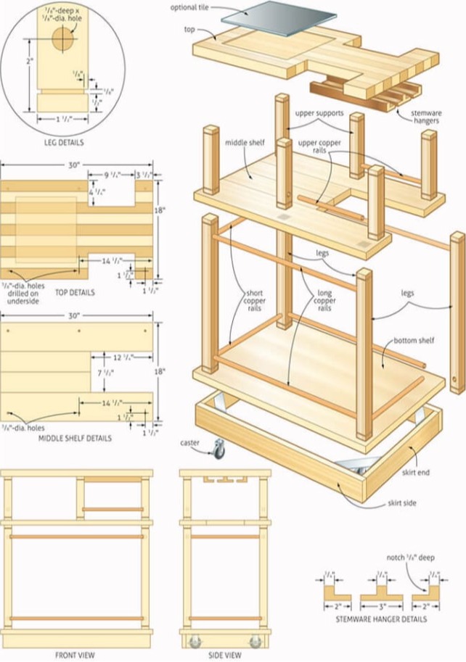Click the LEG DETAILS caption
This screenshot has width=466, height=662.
pos(62,143)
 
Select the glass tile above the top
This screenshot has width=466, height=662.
pos(269,17)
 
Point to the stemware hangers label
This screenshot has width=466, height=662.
pos(426,117)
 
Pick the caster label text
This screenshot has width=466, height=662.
pos(190,442)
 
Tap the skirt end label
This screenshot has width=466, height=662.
pos(416,473)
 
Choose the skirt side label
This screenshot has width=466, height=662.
pos(401,502)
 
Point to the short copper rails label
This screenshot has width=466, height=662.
pos(254,302)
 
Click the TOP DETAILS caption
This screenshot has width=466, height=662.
pos(75,292)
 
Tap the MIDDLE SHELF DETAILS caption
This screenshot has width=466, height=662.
pos(76,439)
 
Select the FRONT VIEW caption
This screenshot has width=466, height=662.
pos(75,655)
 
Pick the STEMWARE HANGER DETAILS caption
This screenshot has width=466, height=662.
pos(381,619)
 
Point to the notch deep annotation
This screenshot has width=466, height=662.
pos(410,557)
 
